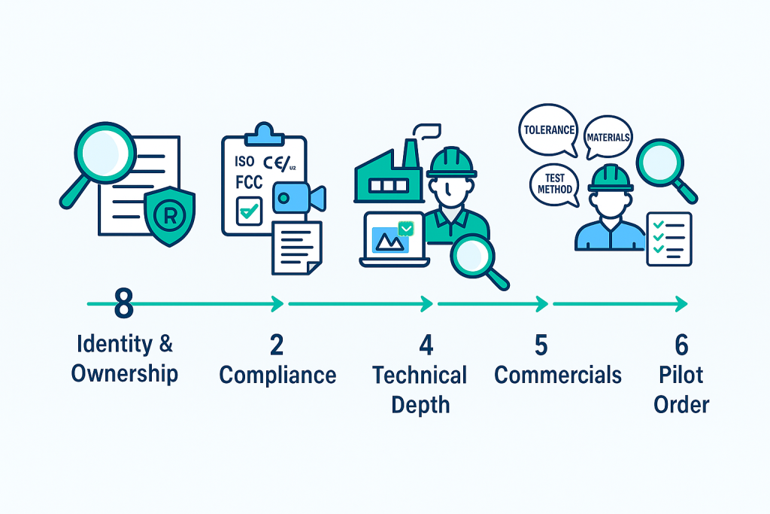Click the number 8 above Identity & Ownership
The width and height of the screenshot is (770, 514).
(124, 304)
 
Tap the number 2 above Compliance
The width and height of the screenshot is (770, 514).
(277, 345)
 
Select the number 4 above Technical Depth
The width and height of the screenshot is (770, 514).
(426, 345)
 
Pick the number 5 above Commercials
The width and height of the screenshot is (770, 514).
(541, 345)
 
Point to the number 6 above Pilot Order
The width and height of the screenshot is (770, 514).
(681, 345)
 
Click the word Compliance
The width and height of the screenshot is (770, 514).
(278, 375)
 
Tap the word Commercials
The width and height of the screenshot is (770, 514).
(558, 375)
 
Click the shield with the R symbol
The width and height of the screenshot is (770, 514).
(169, 214)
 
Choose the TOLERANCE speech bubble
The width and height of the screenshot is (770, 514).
(550, 131)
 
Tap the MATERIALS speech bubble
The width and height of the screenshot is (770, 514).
(608, 137)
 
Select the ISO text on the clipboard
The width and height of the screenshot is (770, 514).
(245, 160)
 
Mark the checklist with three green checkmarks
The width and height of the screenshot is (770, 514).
(668, 238)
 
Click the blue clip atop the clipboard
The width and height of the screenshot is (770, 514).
(262, 132)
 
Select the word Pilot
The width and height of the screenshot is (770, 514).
(681, 375)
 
